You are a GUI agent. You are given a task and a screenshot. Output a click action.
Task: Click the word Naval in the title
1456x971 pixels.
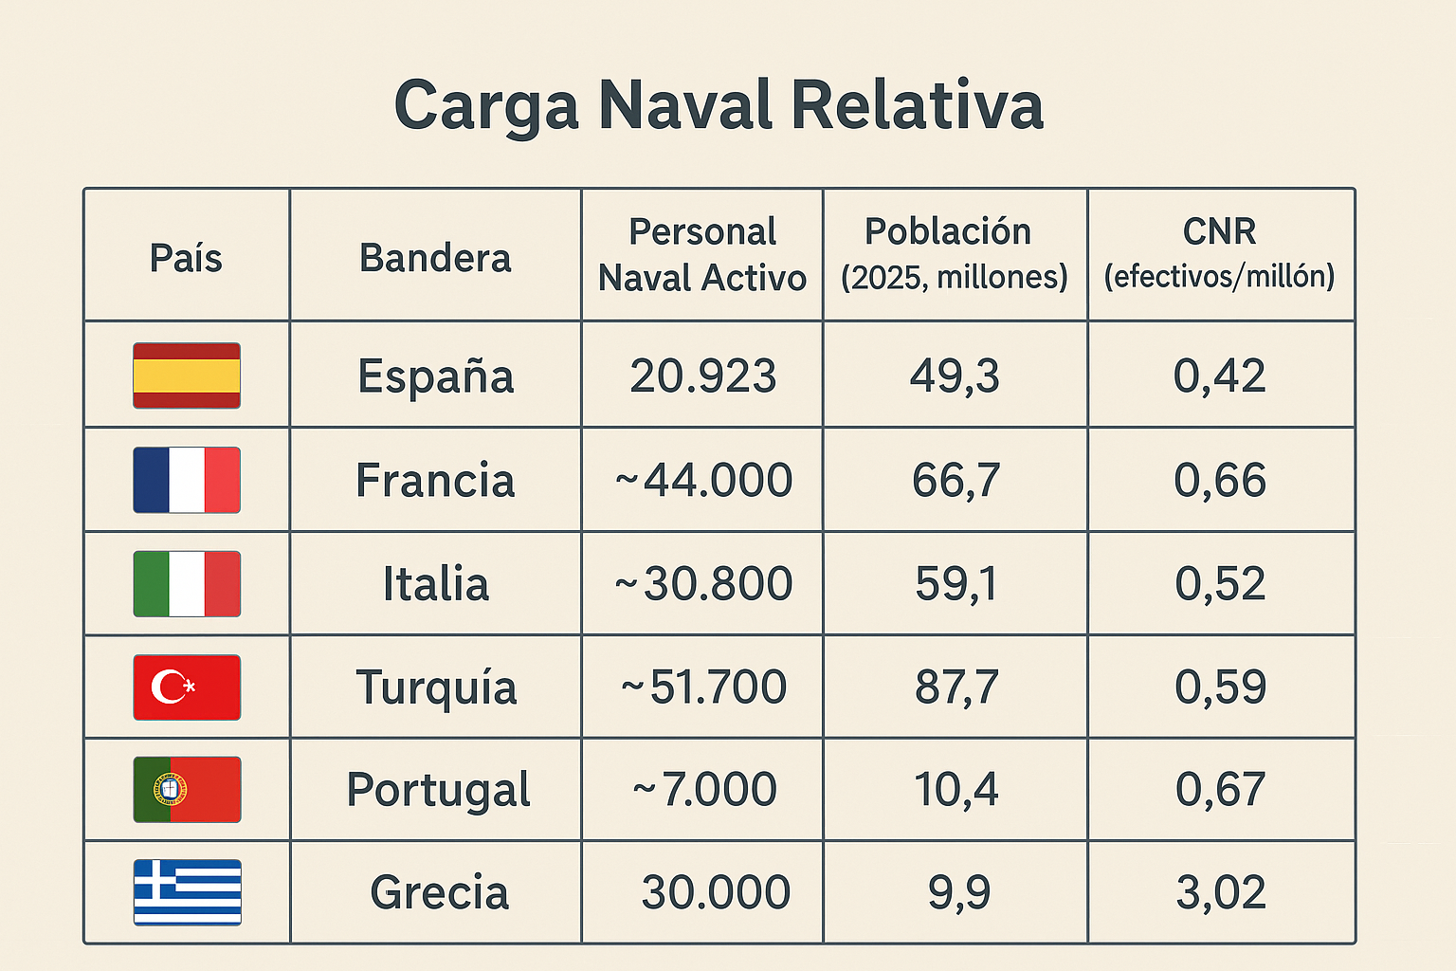686,105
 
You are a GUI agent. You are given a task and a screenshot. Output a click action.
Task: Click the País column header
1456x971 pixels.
186,258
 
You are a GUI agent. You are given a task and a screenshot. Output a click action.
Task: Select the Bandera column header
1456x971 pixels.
435,258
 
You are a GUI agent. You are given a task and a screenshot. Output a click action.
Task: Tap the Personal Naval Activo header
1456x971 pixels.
702,254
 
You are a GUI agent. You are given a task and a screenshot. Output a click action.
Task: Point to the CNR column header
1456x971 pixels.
1220,232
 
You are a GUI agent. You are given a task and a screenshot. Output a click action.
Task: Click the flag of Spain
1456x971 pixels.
187,376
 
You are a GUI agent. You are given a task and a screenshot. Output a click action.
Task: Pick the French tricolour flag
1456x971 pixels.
187,480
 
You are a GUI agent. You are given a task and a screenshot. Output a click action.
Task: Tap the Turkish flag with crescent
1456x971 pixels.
187,687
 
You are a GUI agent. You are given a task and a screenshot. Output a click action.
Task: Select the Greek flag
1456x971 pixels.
187,892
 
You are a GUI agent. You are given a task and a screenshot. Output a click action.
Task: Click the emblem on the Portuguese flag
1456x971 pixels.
171,789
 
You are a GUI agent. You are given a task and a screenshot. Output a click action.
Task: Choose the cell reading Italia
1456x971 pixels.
436,583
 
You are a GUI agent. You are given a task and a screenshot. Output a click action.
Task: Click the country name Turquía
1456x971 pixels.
436,687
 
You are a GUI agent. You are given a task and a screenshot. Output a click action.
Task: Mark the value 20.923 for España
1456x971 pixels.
702,376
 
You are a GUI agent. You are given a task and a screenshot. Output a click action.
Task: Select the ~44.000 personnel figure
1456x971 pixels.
702,480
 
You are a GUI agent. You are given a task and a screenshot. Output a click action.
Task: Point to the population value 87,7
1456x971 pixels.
955,687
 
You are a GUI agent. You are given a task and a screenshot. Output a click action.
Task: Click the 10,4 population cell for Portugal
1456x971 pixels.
955,789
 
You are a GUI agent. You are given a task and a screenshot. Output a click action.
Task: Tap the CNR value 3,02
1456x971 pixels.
1220,892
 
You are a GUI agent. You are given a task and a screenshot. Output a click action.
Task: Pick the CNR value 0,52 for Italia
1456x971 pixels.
1220,583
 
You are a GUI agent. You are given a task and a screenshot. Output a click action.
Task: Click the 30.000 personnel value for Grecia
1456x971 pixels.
716,892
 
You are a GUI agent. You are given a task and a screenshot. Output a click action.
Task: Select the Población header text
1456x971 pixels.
948,232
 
